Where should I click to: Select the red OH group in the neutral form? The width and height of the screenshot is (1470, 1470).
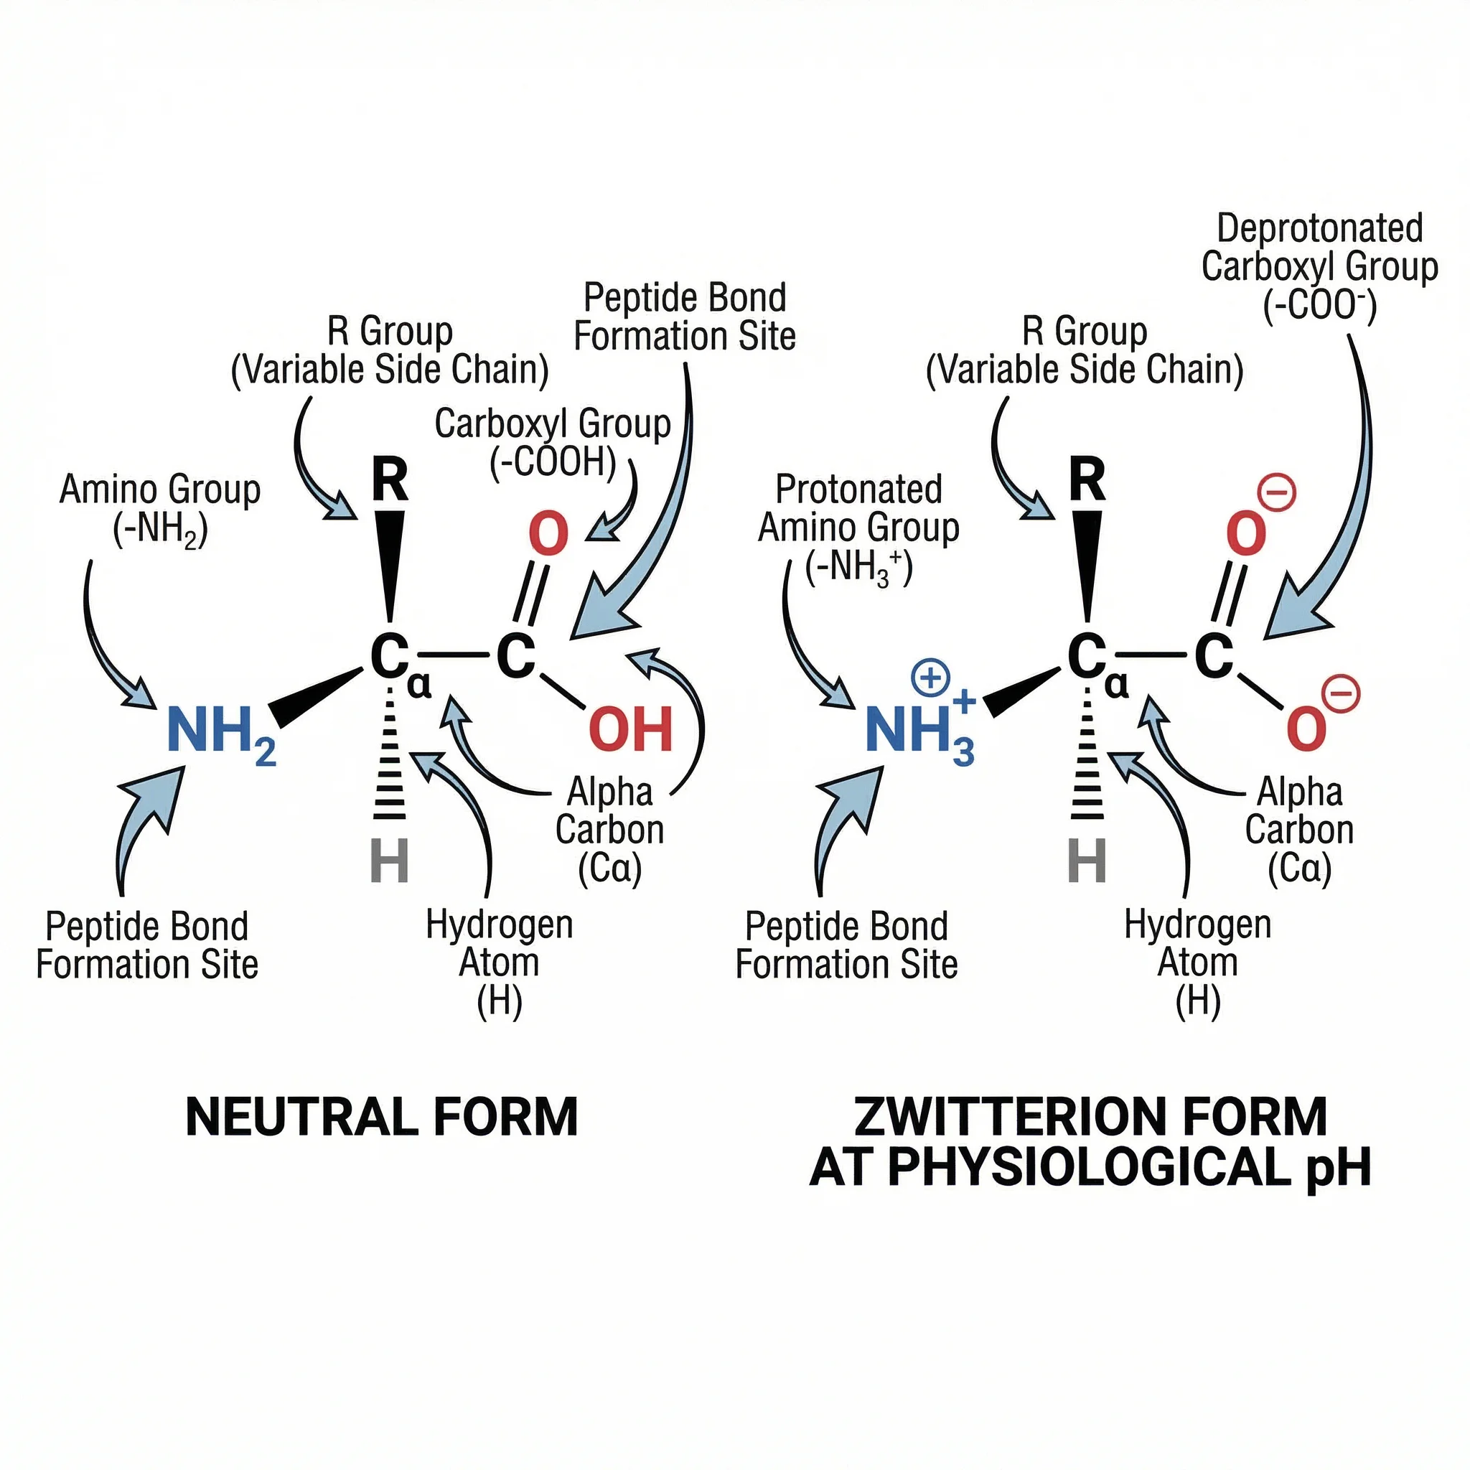(631, 729)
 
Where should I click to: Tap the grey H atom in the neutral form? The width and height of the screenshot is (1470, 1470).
(390, 861)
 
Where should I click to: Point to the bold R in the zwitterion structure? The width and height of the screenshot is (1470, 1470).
(1087, 479)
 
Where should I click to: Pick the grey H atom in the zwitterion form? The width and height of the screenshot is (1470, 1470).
(1087, 861)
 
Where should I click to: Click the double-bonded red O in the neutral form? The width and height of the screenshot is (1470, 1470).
(548, 534)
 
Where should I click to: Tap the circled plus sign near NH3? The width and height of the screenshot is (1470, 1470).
(930, 678)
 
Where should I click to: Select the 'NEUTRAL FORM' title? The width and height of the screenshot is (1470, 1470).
(382, 1118)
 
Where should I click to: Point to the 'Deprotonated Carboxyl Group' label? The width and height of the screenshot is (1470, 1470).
(1319, 266)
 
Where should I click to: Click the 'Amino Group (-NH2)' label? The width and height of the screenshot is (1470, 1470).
(160, 508)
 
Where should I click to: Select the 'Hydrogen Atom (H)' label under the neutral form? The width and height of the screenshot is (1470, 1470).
(499, 962)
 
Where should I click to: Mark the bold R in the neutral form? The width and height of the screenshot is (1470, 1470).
(390, 479)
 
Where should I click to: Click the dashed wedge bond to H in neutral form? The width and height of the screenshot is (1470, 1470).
(390, 761)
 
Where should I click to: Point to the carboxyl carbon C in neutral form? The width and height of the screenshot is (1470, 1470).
(516, 656)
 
